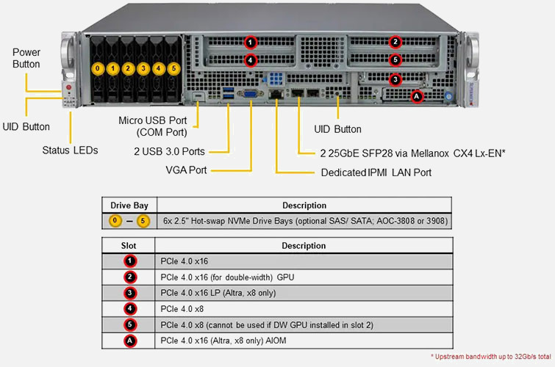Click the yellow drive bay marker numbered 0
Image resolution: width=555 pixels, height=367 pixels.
(97, 68)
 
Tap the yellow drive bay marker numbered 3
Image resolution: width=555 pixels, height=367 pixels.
(143, 68)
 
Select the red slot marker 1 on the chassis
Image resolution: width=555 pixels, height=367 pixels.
(251, 43)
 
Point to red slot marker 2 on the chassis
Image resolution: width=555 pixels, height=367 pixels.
(395, 43)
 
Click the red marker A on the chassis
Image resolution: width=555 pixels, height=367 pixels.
(417, 95)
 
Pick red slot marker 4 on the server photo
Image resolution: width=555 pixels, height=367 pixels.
(251, 60)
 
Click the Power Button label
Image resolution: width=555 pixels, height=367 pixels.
(26, 59)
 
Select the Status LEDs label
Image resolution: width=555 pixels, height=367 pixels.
(70, 150)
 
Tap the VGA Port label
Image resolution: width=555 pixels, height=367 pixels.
(187, 170)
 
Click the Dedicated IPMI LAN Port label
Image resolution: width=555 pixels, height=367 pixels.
(376, 173)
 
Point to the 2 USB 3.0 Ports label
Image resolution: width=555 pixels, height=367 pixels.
(169, 151)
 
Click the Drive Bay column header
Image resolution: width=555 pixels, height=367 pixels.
(129, 206)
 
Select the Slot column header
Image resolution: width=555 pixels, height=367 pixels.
(129, 245)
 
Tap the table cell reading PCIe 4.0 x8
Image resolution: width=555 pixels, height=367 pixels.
(182, 309)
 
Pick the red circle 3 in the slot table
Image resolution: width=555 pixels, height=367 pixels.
(129, 293)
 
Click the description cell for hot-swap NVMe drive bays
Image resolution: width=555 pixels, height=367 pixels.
(304, 220)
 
